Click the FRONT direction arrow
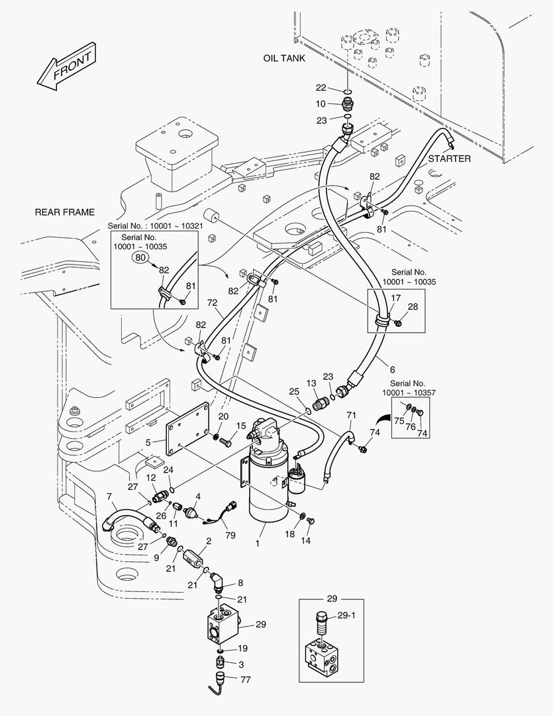point(64,68)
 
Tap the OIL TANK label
point(284,58)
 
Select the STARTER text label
point(449,158)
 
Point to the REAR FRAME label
point(64,212)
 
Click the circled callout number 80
point(140,257)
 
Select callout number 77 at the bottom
point(245,680)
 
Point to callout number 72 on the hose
point(213,303)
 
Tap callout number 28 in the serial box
point(413,306)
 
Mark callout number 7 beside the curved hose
point(109,497)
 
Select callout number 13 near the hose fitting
point(311,383)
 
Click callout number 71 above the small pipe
point(351,415)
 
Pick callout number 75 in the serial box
point(399,420)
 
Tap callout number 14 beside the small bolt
point(305,541)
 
